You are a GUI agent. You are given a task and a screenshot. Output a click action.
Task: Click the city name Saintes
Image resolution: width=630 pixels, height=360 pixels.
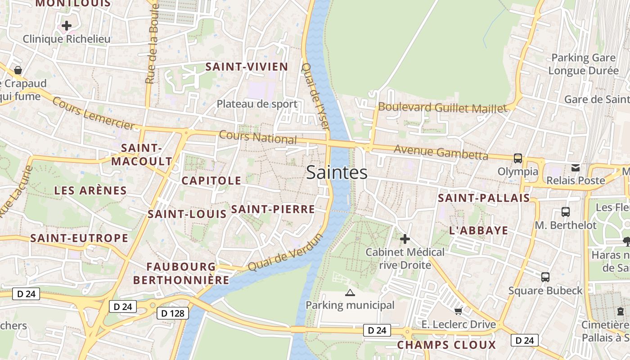coord(337,172)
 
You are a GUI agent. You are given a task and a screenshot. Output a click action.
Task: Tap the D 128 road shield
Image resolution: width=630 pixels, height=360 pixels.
coord(173,313)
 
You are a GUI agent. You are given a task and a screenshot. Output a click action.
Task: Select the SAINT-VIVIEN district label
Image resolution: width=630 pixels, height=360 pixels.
coord(247,67)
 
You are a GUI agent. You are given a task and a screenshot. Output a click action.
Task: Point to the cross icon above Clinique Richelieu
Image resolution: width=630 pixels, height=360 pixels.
coord(67,26)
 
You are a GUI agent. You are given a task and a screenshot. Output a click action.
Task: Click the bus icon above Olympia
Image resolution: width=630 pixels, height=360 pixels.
coord(518,158)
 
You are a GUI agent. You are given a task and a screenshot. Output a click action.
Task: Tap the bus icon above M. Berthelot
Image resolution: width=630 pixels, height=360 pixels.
coord(566,212)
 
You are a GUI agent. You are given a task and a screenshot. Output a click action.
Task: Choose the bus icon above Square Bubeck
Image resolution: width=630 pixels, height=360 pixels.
coord(545,277)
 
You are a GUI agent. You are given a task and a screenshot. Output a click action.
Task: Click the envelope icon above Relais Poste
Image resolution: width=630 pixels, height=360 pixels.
coord(576,168)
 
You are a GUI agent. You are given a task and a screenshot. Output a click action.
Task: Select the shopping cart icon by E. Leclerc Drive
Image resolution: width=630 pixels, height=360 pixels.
coord(459,311)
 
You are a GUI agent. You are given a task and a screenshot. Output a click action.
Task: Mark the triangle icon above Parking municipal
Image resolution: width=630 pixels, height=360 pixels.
coord(350,293)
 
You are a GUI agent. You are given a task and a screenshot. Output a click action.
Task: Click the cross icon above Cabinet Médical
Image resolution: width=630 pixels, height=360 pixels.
coord(405,239)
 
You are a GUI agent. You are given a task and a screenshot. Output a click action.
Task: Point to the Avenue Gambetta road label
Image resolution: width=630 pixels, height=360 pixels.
coord(441,152)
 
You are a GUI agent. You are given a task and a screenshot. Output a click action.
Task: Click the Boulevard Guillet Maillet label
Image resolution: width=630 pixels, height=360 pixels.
coord(443,108)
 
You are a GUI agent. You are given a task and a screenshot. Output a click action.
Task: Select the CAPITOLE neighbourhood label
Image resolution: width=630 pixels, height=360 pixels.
coord(211,180)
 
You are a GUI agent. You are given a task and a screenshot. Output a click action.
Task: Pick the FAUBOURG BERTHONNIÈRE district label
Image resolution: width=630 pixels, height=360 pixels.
coord(181,273)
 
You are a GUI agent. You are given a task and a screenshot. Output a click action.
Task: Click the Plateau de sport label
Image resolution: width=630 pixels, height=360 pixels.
coord(257,104)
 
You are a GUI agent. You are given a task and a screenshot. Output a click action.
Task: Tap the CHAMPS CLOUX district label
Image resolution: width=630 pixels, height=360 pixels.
coord(446,345)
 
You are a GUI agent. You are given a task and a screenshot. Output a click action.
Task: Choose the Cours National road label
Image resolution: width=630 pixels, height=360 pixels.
coord(258,137)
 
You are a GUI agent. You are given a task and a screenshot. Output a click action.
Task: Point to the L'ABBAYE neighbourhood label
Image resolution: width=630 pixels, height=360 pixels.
coord(479,230)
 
